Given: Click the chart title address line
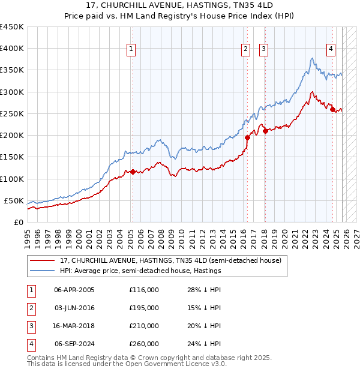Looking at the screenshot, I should click(180, 6).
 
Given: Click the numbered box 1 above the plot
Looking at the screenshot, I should click(131, 50).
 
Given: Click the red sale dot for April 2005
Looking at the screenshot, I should click(133, 172).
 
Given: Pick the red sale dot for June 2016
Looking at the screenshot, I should click(247, 137).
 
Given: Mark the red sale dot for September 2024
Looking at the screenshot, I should click(332, 109).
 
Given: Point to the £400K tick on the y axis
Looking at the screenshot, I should click(12, 49).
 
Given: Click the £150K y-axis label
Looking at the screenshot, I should click(12, 157).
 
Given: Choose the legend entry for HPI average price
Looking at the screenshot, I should click(140, 271).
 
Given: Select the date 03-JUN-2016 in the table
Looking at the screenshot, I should click(74, 307).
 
